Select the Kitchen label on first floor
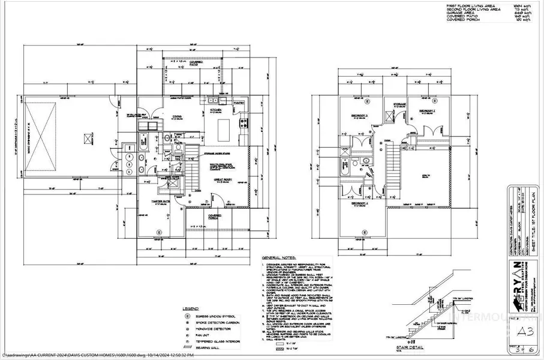click(215, 111)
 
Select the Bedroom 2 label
click(426, 112)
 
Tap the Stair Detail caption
click(413, 347)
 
